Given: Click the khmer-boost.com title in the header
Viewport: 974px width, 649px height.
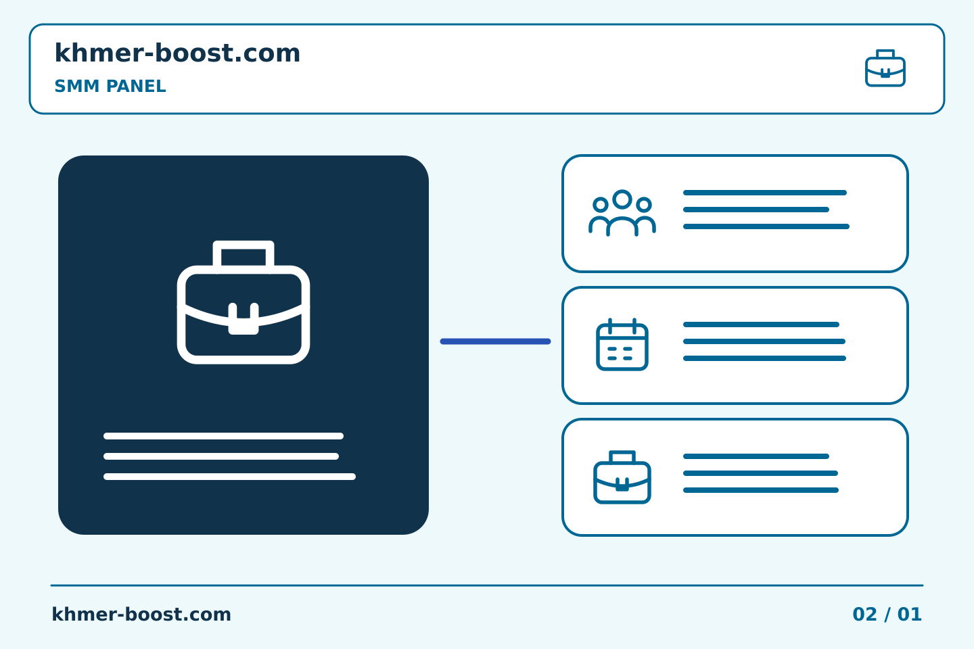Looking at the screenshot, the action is (177, 53).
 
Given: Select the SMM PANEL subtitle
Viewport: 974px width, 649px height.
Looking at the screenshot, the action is (110, 86).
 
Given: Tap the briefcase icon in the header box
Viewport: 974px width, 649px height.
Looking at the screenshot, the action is (885, 68).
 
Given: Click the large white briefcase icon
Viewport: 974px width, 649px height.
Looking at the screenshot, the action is (243, 302).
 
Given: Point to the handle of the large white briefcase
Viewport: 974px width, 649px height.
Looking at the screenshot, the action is (243, 245).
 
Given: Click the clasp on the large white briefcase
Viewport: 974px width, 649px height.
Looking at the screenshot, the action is (243, 320).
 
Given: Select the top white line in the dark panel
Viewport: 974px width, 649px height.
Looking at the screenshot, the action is (223, 436).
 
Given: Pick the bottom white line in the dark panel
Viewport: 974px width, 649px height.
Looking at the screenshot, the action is (229, 477).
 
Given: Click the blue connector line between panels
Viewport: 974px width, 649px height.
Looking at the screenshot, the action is (495, 341).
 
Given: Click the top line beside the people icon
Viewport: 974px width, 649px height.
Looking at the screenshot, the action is (765, 193).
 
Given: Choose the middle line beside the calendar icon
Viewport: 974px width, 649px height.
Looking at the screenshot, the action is (764, 341).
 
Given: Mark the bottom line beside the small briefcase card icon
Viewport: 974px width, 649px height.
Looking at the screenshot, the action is (760, 490).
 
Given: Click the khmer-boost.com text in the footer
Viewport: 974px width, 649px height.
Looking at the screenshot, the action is (141, 615).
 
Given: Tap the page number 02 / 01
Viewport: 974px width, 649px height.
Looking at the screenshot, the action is (887, 615).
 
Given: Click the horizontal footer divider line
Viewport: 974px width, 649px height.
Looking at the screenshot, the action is (487, 585).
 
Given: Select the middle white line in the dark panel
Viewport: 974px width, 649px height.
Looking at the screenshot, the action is (221, 456).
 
